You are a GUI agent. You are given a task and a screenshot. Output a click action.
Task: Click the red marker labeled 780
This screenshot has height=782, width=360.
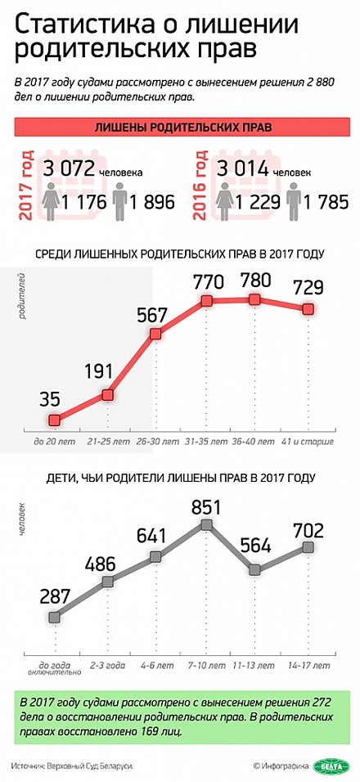(255, 299)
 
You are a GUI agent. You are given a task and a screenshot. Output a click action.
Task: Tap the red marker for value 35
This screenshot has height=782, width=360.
(55, 420)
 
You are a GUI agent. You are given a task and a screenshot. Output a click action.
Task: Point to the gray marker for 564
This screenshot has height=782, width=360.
(255, 569)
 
